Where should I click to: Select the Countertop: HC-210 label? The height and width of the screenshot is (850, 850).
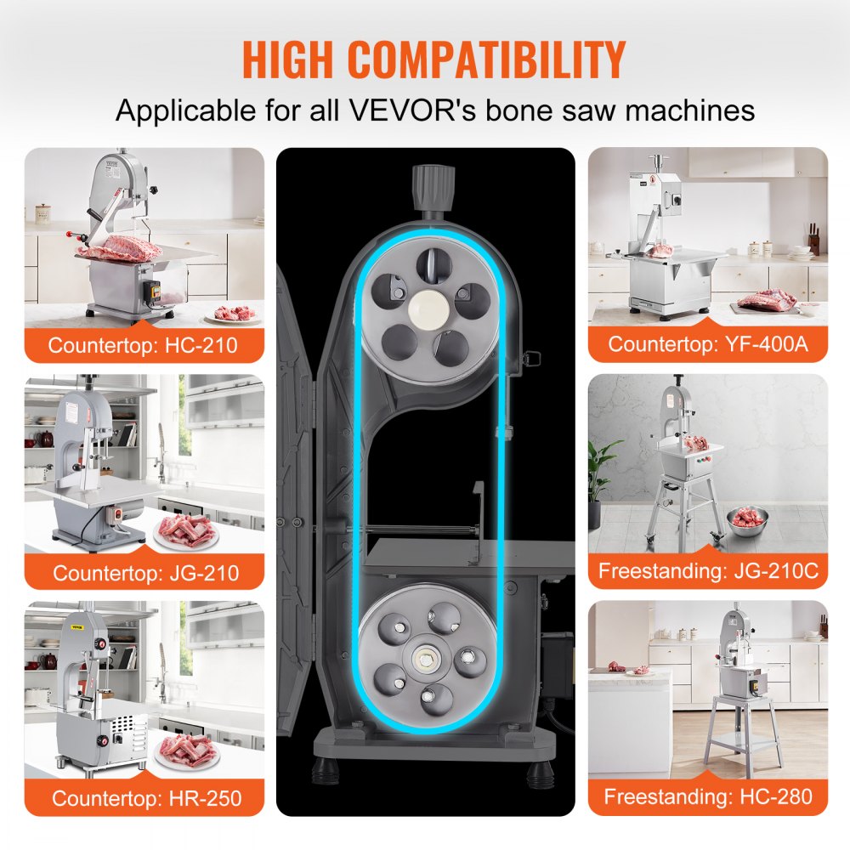point(143,346)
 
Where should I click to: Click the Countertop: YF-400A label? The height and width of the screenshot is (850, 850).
point(707,345)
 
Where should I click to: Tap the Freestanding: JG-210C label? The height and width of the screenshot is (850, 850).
point(707,571)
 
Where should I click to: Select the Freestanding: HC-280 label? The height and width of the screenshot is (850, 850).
point(707,797)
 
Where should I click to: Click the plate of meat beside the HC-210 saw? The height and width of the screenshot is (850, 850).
point(233,314)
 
